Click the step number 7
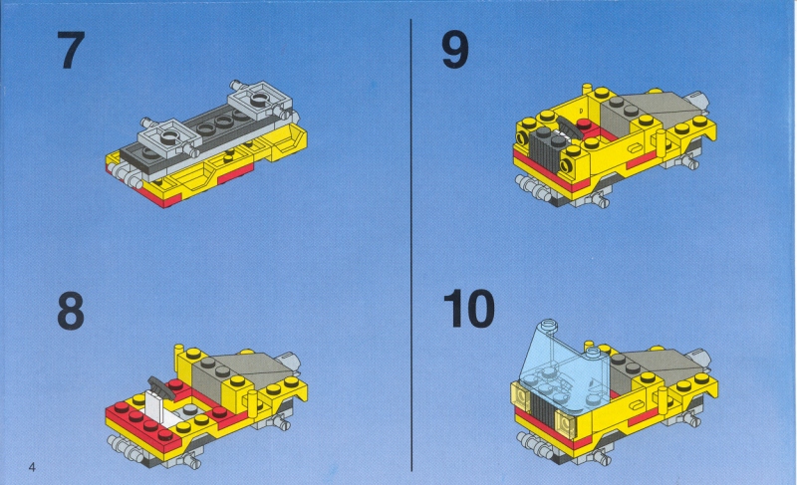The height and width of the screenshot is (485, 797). pos(70,50)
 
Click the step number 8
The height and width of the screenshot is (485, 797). pos(71,312)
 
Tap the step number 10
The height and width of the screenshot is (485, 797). pos(468,309)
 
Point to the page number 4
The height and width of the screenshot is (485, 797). pos(32,467)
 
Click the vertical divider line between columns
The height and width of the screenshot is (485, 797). pos(411,245)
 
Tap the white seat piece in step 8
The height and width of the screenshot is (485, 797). pos(155,403)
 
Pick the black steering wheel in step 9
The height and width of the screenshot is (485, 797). pos(569,125)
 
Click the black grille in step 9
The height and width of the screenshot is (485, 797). pos(545,150)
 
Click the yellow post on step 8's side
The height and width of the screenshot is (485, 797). pos(250,402)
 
